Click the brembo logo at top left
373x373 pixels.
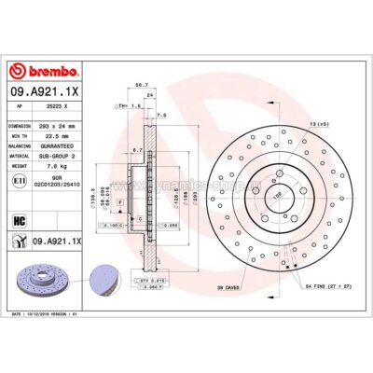point(45,72)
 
